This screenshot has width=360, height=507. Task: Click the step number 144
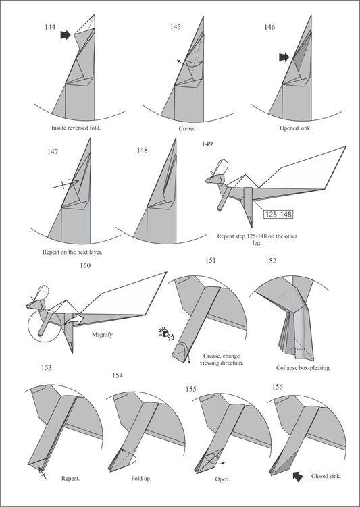click(x=50, y=27)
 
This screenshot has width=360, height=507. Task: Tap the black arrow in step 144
click(x=66, y=35)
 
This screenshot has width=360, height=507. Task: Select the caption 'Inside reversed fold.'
click(x=76, y=128)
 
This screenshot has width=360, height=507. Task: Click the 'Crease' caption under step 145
click(x=187, y=128)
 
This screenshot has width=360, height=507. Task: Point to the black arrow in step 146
click(x=284, y=57)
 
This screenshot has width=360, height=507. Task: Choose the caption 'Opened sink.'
click(x=296, y=128)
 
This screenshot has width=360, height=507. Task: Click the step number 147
click(x=53, y=152)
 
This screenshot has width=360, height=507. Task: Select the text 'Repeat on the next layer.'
click(x=72, y=252)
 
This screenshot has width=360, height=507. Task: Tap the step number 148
click(x=142, y=150)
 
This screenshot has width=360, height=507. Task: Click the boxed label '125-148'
click(x=278, y=214)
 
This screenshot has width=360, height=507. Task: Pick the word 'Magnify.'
click(x=103, y=335)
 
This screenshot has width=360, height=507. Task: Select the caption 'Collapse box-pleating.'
click(x=303, y=368)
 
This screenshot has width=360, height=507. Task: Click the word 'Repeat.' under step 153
click(x=70, y=478)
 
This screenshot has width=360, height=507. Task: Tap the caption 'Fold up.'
click(x=141, y=478)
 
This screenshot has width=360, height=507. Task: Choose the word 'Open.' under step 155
click(x=222, y=479)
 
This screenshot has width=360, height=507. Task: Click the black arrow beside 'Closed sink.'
click(x=298, y=476)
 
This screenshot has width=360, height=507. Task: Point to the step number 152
click(x=271, y=261)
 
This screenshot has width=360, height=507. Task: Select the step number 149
click(x=207, y=144)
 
